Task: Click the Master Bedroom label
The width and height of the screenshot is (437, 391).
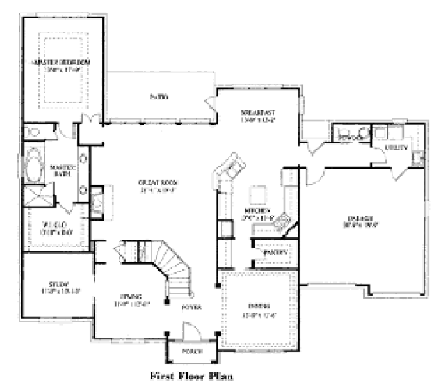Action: tap(62, 62)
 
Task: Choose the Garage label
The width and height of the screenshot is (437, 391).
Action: tap(361, 221)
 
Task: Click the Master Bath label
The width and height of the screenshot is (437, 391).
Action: tap(61, 170)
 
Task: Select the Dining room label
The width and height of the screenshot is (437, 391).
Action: tap(259, 310)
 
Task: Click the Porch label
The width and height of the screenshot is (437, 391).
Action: tap(192, 350)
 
